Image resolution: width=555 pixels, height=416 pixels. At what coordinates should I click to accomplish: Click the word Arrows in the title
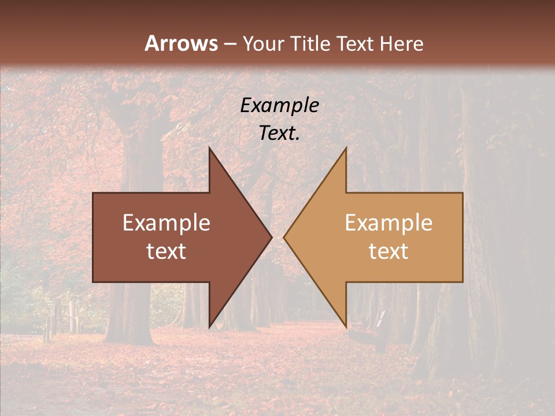182,43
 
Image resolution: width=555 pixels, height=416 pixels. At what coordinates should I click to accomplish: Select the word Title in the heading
311,44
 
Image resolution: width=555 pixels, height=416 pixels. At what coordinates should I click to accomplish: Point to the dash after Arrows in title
230,44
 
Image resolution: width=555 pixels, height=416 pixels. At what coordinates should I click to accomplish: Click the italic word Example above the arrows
279,106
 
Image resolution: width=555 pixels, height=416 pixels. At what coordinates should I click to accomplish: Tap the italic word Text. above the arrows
279,133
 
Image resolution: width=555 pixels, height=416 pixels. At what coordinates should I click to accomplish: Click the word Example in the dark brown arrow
166,223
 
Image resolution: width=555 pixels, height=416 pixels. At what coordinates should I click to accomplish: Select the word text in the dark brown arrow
166,251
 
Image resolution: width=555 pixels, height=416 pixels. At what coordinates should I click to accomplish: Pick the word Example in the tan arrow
388,223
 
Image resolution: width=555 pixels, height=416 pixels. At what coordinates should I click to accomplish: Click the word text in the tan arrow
388,251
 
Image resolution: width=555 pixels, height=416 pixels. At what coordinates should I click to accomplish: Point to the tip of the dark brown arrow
271,237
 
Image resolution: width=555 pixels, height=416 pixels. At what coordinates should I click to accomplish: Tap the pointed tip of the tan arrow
285,237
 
